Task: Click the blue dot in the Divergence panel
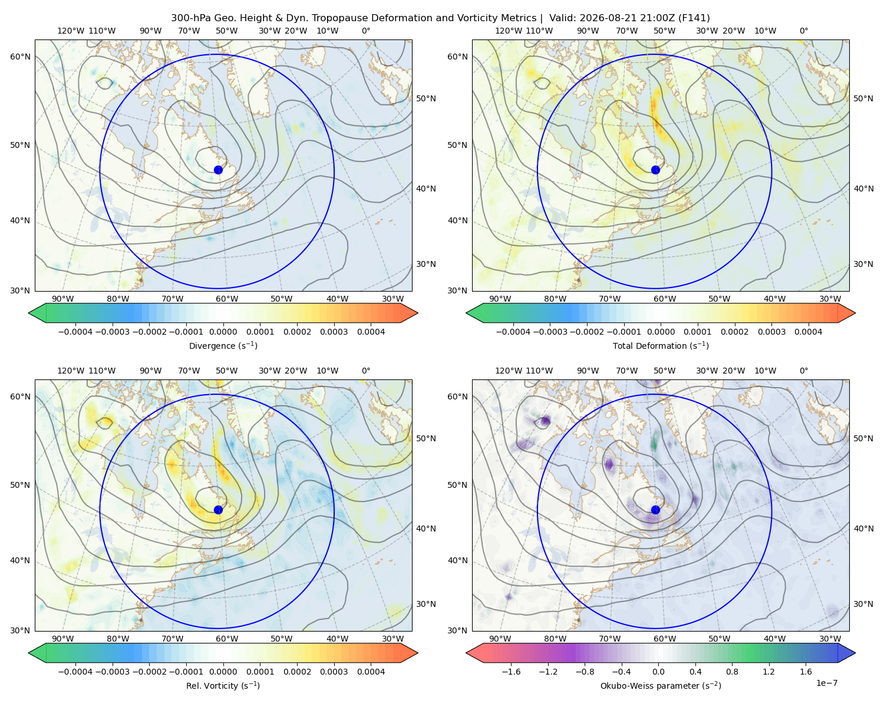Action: pos(218,170)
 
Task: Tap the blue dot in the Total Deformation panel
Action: pos(655,170)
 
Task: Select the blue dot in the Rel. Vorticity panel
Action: pos(218,510)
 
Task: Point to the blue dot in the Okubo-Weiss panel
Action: pos(655,510)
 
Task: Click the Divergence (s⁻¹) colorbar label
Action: pos(223,345)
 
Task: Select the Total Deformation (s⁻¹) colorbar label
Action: pos(661,345)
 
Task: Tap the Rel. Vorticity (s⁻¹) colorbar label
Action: pos(223,685)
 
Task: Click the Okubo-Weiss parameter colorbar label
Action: pos(661,685)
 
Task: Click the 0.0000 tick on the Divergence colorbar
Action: pos(223,332)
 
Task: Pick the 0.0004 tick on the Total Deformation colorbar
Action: pos(808,332)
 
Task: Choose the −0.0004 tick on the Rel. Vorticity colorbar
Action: pos(75,671)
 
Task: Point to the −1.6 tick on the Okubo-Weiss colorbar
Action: pos(511,671)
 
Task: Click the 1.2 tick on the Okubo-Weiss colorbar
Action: pos(768,671)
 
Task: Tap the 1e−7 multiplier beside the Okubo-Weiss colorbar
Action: pos(826,683)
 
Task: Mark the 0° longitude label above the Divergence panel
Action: pos(366,31)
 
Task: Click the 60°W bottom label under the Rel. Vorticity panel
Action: pos(227,639)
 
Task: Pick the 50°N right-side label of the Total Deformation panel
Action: pos(863,98)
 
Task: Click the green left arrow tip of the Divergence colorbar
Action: pos(29,313)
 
